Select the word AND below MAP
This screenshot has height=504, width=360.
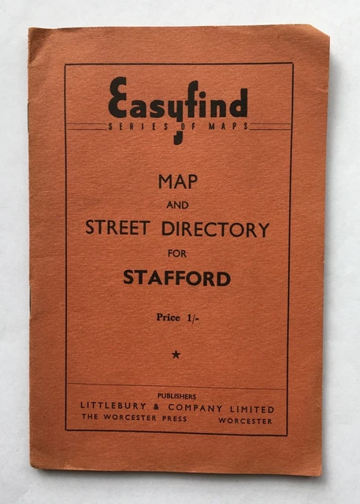177,206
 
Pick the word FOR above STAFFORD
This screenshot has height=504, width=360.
177,254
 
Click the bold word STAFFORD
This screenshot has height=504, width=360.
177,278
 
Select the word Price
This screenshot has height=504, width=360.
169,317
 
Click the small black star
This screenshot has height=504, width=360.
176,354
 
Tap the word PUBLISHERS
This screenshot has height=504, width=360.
177,395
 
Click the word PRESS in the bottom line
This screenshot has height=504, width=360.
171,421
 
